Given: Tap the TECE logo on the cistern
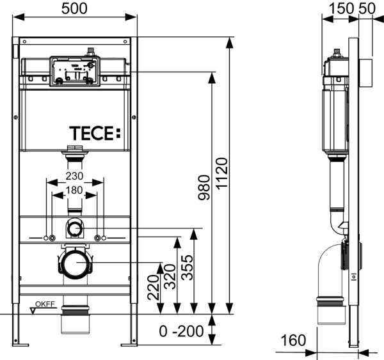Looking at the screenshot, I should coord(93,134).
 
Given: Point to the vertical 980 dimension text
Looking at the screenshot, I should coord(204,188).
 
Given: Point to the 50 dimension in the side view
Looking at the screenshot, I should coord(368,8).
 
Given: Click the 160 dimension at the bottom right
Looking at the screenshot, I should coord(293,340).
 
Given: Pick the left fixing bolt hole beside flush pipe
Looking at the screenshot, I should coord(47,238).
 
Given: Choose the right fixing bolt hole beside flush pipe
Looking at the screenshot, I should coord(97,238).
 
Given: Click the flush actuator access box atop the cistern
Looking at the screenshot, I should coord(74,71).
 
